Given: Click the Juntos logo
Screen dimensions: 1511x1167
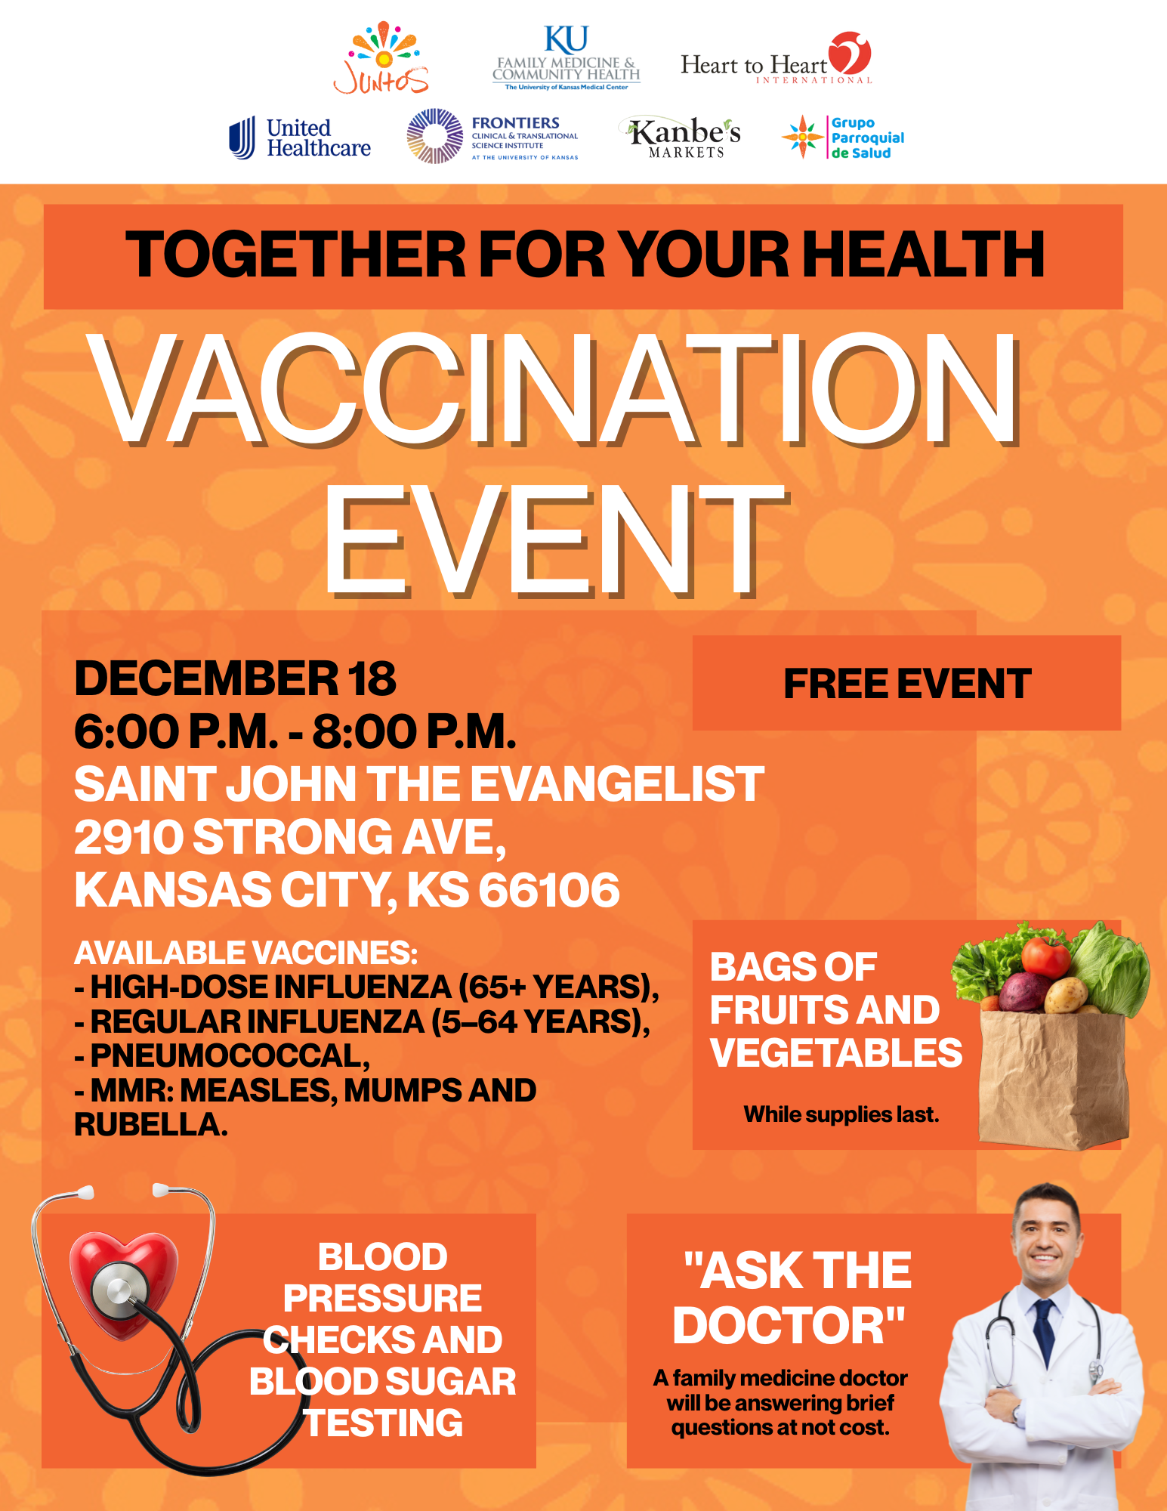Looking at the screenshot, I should (x=381, y=59).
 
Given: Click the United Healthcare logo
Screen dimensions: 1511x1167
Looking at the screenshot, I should (x=300, y=138).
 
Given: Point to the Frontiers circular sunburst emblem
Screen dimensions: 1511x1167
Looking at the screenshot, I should (x=434, y=136).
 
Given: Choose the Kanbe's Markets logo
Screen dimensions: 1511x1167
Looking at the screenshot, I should (x=684, y=137).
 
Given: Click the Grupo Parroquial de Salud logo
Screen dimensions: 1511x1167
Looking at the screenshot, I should (x=843, y=138).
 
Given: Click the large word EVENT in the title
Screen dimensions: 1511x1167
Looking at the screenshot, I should (x=555, y=541).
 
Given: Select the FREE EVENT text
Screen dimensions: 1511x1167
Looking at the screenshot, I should (x=906, y=684).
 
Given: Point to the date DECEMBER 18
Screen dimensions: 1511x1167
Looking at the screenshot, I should (x=235, y=678).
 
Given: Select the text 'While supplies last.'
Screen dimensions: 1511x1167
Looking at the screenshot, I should (x=841, y=1114).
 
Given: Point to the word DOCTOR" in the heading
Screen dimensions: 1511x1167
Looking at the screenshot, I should (x=789, y=1326).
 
